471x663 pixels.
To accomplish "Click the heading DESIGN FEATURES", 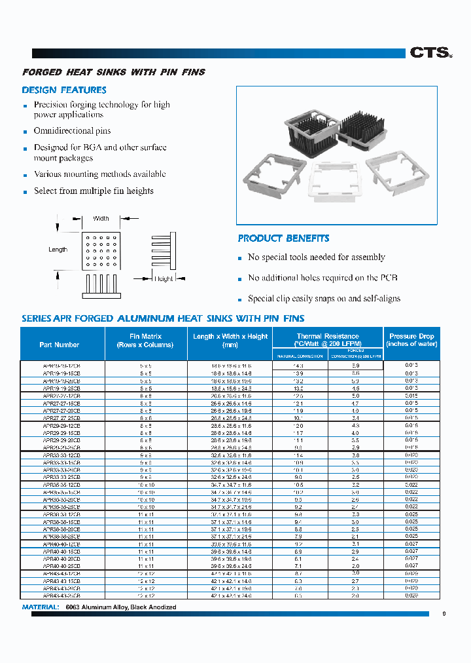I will (x=64, y=90).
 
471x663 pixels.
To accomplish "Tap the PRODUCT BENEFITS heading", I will (x=283, y=238).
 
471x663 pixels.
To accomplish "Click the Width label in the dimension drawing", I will (x=101, y=219).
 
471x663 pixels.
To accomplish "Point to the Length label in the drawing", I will (x=58, y=250).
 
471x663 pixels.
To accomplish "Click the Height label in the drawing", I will (x=164, y=278).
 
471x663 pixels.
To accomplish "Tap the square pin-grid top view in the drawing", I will (x=100, y=250).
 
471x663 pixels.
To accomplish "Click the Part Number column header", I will (x=59, y=345).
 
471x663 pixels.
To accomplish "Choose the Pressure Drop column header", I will (x=411, y=340).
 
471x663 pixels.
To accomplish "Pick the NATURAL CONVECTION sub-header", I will (x=300, y=356).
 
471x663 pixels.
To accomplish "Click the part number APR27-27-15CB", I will (x=61, y=404).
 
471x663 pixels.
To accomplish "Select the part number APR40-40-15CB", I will (x=61, y=552).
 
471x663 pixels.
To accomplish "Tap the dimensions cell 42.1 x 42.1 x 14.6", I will (x=230, y=581).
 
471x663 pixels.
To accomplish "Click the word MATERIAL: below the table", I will (x=41, y=607).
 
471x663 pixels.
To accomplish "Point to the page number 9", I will (x=444, y=614).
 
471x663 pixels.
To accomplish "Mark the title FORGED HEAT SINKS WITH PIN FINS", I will (x=114, y=72).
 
